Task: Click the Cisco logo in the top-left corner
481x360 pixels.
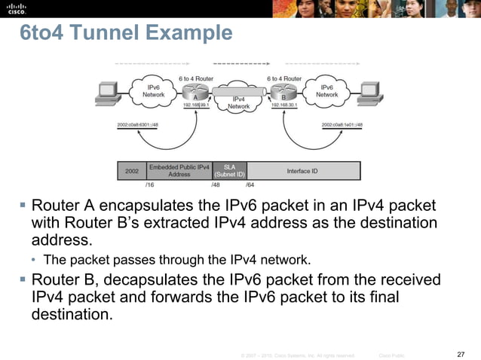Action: pyautogui.click(x=17, y=8)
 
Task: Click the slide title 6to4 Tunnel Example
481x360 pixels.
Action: pyautogui.click(x=126, y=34)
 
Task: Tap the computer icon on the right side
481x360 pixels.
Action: pyautogui.click(x=369, y=93)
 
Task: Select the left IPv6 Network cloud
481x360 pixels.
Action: pyautogui.click(x=155, y=91)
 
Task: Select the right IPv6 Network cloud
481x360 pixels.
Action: pyautogui.click(x=326, y=91)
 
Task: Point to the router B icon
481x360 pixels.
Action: pyautogui.click(x=285, y=93)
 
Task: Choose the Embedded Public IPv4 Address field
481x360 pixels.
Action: pyautogui.click(x=179, y=170)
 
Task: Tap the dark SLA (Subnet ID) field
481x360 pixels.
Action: pyautogui.click(x=230, y=170)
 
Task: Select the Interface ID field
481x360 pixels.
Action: pyautogui.click(x=302, y=171)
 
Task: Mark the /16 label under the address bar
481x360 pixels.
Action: pyautogui.click(x=149, y=183)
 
